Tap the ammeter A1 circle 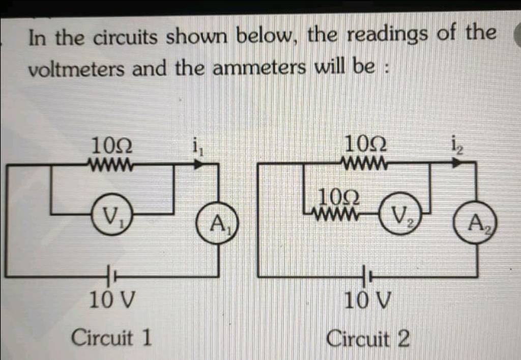click(217, 223)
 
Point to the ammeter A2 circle click(476, 223)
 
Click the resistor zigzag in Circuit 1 click(111, 165)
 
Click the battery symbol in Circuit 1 click(111, 276)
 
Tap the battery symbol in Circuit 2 click(367, 276)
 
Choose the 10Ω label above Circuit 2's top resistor click(365, 146)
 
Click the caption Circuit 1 click(111, 337)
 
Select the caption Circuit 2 click(367, 338)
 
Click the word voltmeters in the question click(76, 69)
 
